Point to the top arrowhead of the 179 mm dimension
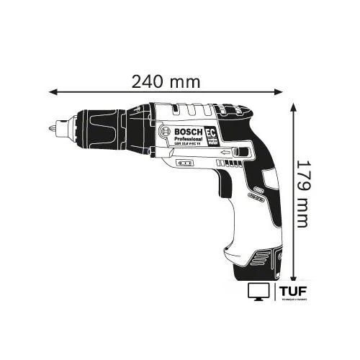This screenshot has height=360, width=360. (294, 107)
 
